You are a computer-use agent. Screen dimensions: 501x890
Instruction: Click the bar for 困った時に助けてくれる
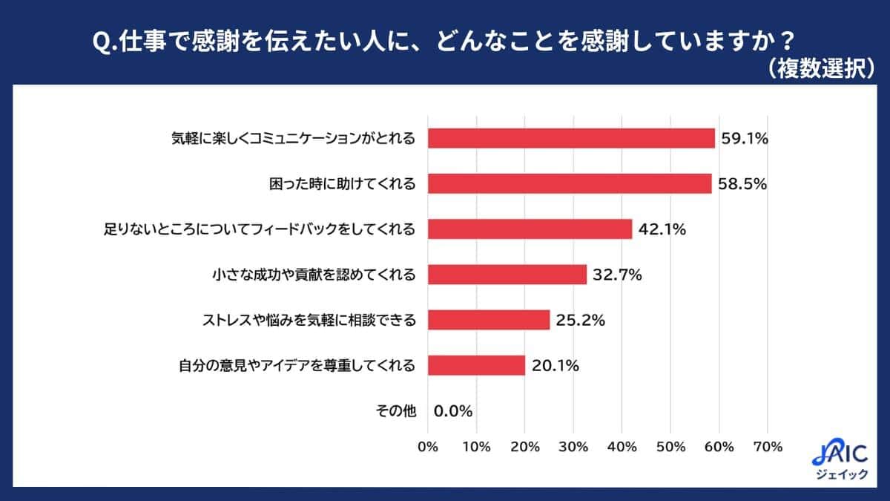570,183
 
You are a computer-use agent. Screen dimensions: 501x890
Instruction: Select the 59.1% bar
571,138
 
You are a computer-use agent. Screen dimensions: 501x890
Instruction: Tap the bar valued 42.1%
530,229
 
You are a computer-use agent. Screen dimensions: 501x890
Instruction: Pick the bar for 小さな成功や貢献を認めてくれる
507,275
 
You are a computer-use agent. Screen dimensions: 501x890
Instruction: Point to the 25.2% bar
489,320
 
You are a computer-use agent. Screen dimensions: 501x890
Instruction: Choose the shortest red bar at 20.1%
476,365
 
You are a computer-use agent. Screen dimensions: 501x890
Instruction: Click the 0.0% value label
453,410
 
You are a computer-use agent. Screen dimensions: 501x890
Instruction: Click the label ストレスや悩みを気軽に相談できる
309,320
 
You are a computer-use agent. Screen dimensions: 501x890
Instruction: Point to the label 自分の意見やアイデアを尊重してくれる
297,365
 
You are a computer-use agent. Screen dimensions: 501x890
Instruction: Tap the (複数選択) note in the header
820,68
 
